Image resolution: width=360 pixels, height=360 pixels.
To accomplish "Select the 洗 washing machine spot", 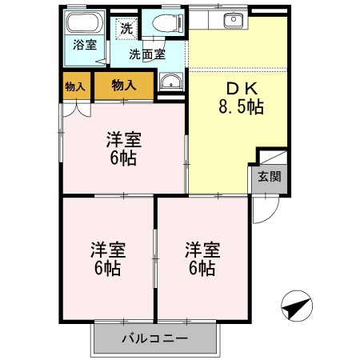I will (x=126, y=28).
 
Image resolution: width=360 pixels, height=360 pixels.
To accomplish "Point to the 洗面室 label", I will (x=149, y=54).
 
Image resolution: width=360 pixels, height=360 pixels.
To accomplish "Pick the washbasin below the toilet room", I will (x=170, y=82).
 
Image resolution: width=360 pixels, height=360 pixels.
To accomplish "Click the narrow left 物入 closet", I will (x=76, y=86).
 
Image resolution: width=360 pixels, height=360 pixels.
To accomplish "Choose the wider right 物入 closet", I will (x=124, y=85).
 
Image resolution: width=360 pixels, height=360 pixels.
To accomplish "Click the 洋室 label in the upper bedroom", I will (x=123, y=139).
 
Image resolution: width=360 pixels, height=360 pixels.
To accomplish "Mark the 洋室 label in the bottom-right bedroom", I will (x=201, y=249).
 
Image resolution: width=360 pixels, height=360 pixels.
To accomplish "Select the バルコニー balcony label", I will (x=155, y=338).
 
